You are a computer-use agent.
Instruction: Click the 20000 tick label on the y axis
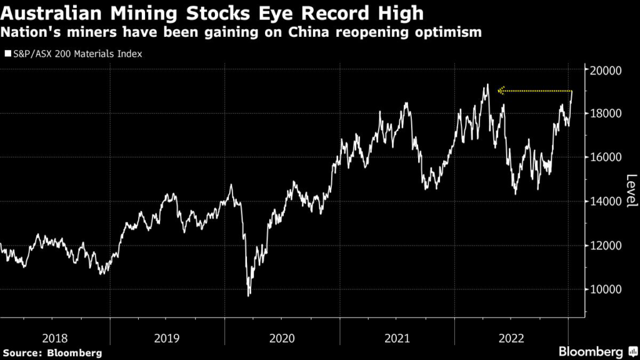[606, 70]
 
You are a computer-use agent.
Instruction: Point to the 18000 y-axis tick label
[606, 114]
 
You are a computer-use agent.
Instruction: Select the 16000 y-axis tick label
[606, 157]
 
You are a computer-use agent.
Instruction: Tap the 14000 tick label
[606, 201]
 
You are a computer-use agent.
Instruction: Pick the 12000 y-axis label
[606, 245]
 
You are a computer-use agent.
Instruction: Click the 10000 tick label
[606, 289]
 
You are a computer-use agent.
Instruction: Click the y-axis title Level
[631, 191]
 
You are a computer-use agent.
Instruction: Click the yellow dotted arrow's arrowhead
[500, 91]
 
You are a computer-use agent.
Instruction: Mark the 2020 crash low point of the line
[249, 295]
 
